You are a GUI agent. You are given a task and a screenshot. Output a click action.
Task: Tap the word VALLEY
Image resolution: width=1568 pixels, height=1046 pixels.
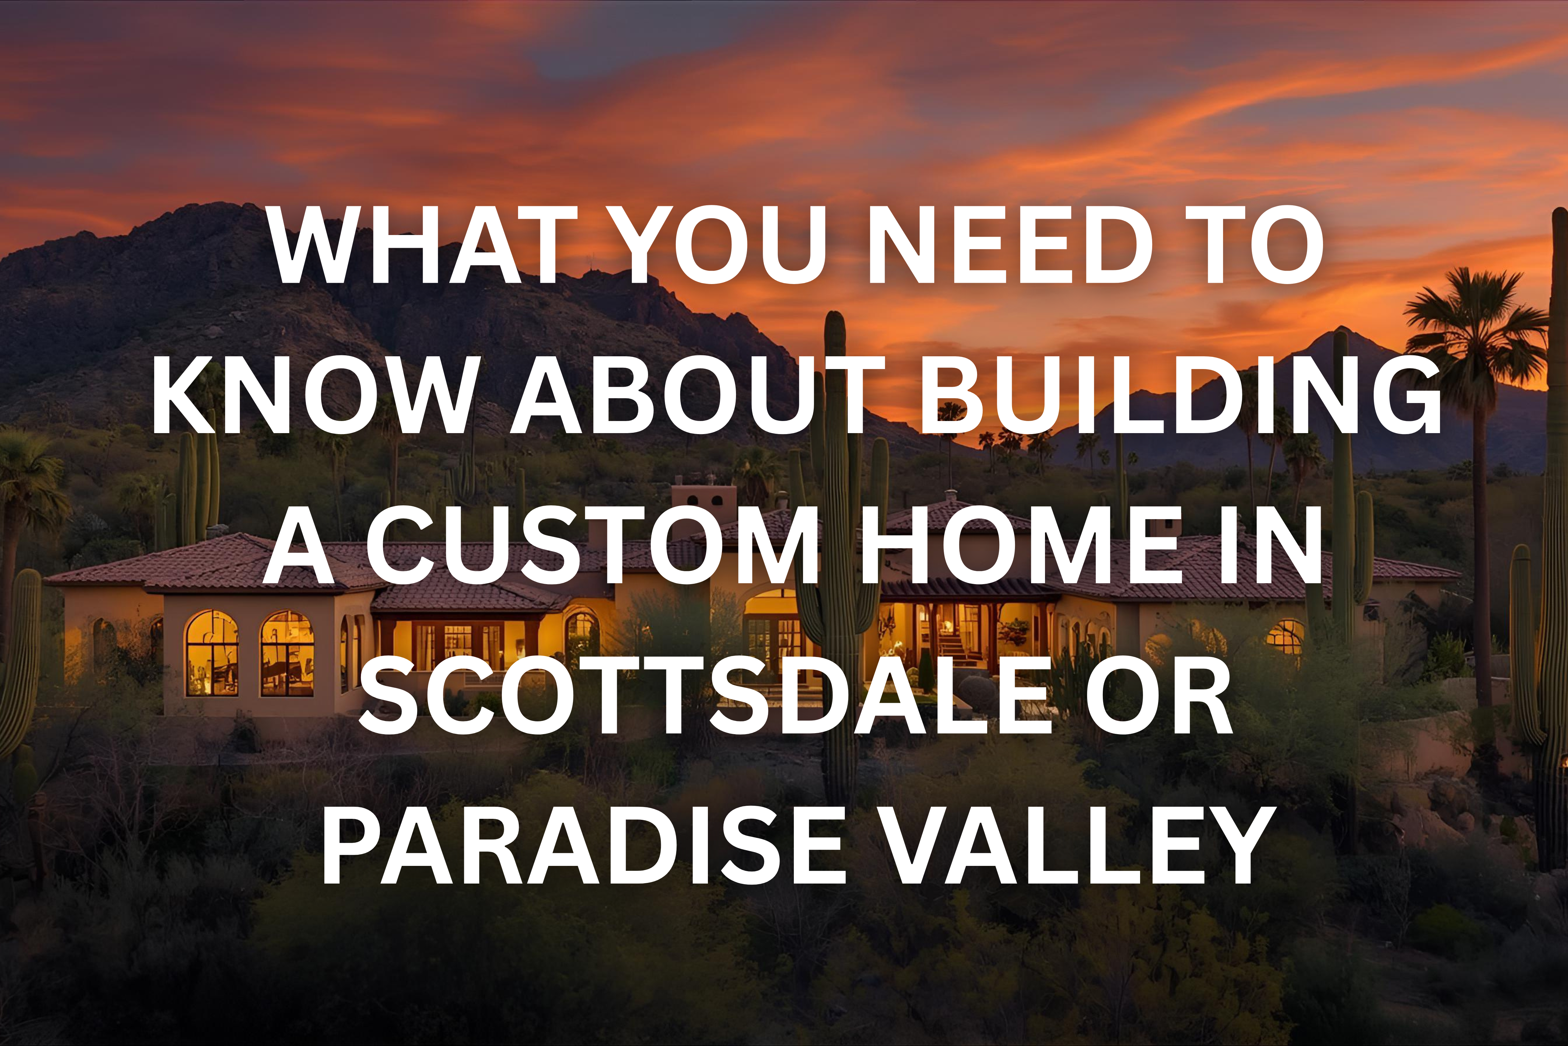pyautogui.click(x=1080, y=846)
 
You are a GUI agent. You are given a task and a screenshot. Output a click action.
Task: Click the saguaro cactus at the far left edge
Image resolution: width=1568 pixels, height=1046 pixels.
pyautogui.click(x=20, y=654)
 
